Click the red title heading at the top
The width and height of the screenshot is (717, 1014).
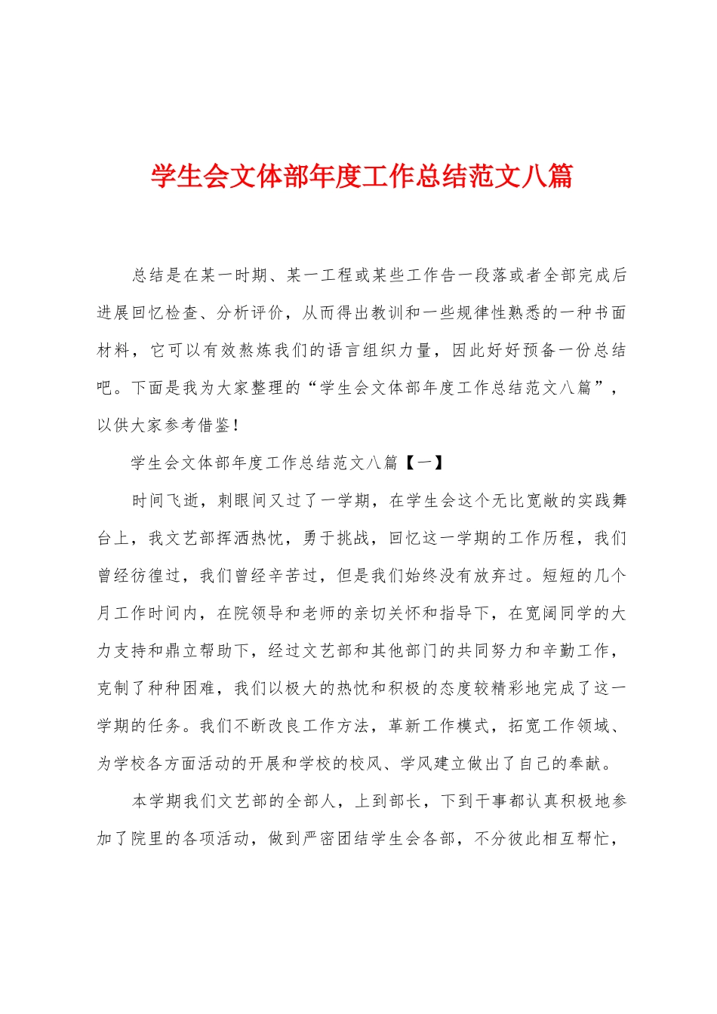point(362,176)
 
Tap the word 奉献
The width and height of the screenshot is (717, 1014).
point(584,764)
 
